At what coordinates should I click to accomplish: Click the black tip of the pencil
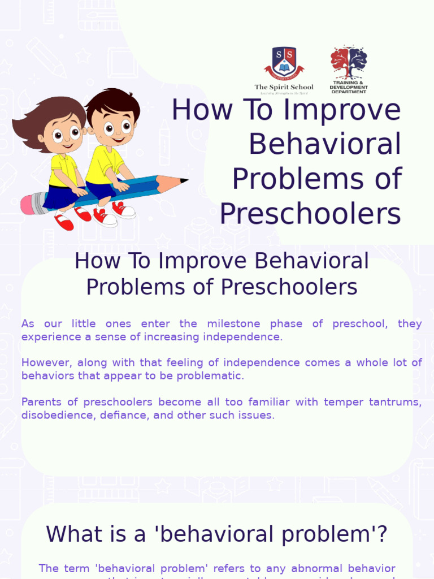(x=184, y=181)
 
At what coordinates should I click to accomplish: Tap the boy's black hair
(x=113, y=102)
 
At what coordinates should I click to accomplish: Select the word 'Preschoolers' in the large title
(x=310, y=214)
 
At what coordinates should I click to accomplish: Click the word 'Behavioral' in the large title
(x=325, y=144)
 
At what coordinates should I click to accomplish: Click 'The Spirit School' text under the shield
(x=284, y=87)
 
